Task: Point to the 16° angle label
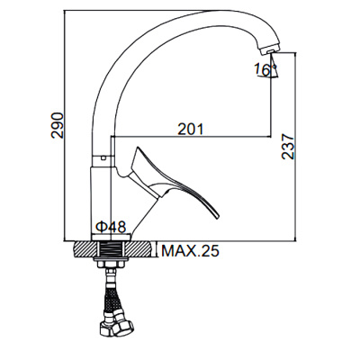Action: [x=261, y=69]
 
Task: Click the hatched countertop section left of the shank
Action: [x=83, y=248]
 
